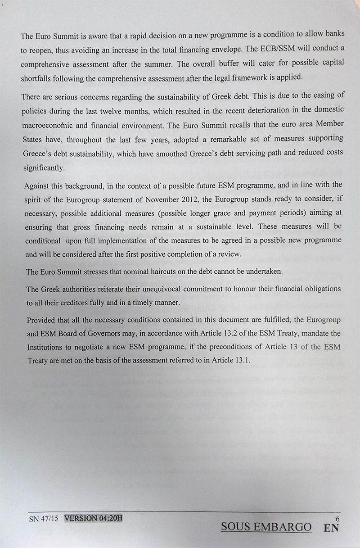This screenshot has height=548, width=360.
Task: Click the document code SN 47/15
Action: click(x=44, y=518)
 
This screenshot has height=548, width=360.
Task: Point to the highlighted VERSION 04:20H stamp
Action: click(x=94, y=518)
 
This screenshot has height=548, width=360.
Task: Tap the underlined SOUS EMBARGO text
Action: click(x=266, y=527)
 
